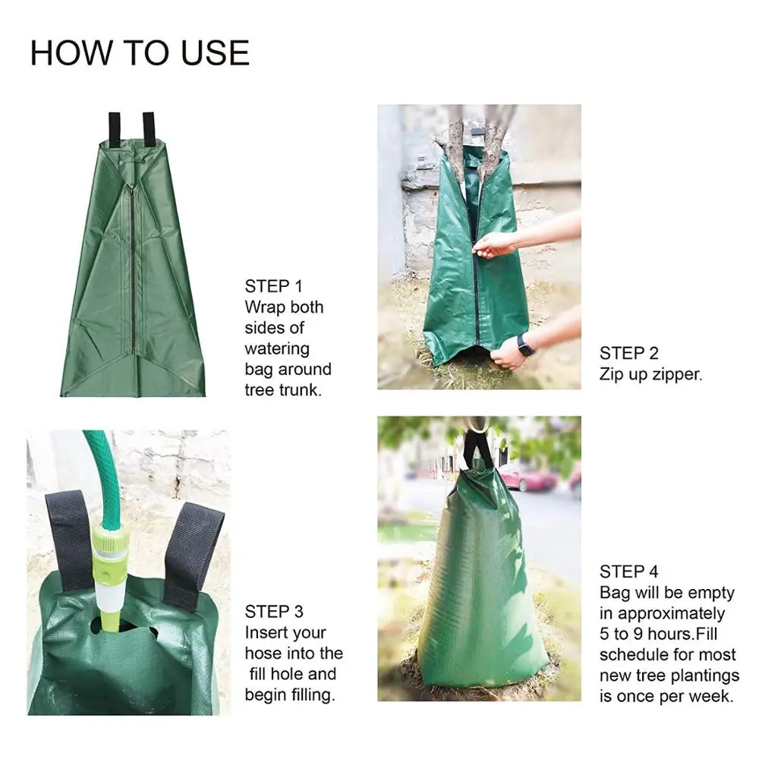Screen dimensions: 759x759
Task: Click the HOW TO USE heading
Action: point(140,53)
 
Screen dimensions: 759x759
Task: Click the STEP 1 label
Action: point(273,286)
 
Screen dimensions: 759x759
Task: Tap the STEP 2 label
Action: point(629,353)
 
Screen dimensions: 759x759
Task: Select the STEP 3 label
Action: point(274,612)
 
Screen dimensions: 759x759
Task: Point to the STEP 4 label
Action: point(629,572)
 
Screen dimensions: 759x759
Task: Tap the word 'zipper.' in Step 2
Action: point(677,374)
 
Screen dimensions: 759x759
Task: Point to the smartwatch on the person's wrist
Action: point(524,345)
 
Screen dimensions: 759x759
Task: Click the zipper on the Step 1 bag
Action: point(131,266)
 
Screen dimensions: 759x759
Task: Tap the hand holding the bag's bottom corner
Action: point(507,354)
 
